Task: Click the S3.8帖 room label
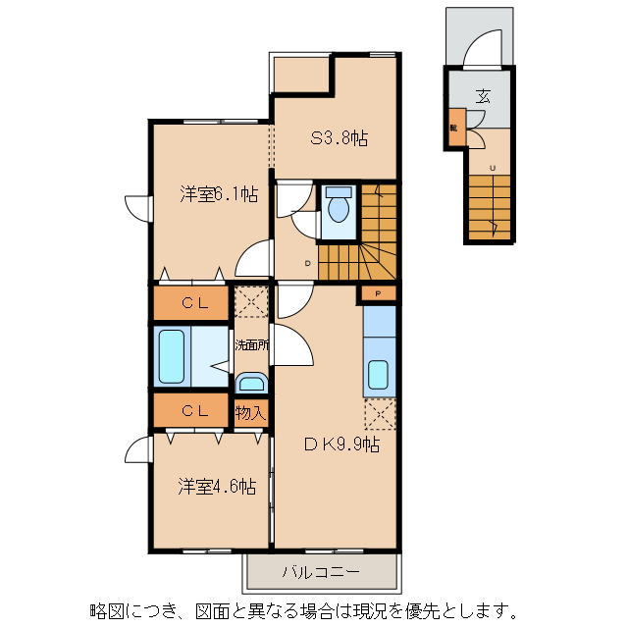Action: (x=340, y=139)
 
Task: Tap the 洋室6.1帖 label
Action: (x=218, y=194)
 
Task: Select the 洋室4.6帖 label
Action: (x=216, y=486)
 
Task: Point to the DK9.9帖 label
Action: (x=340, y=445)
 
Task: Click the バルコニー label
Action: (x=322, y=571)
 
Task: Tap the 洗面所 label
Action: (x=250, y=344)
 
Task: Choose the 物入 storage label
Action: (x=250, y=413)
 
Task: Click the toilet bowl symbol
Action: (x=339, y=207)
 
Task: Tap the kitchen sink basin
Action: (x=378, y=375)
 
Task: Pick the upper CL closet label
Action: (x=191, y=304)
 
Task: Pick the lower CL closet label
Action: (x=191, y=411)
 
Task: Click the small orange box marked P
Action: (x=378, y=293)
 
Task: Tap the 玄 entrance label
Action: (x=483, y=96)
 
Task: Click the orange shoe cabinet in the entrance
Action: (x=454, y=127)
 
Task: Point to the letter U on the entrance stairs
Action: (x=493, y=168)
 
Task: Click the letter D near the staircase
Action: (x=307, y=263)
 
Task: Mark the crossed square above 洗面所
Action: (x=251, y=300)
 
